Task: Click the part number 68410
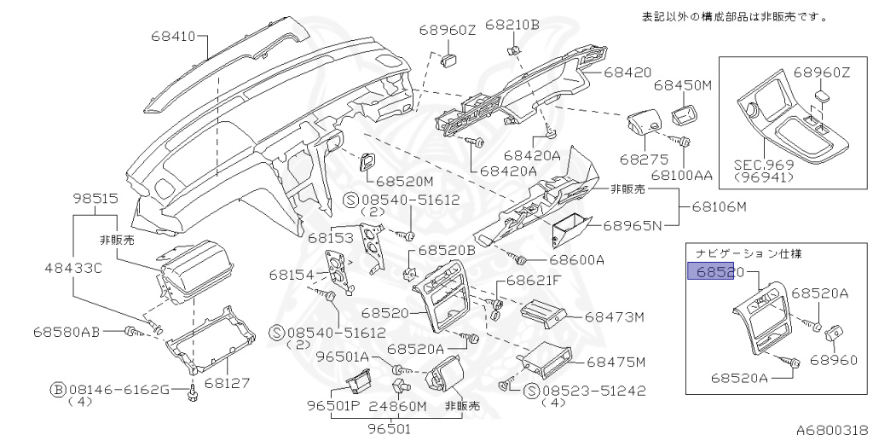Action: (x=174, y=37)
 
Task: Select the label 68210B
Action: (x=512, y=25)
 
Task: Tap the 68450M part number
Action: (x=682, y=85)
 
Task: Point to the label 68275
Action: (x=639, y=159)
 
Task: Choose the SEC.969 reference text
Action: (x=763, y=165)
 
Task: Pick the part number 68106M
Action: (x=719, y=206)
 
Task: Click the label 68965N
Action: (x=633, y=226)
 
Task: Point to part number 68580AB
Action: (x=67, y=330)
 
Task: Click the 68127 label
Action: (x=226, y=383)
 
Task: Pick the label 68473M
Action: (x=614, y=317)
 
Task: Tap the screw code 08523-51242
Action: (x=594, y=391)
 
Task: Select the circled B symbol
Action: (x=58, y=390)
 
